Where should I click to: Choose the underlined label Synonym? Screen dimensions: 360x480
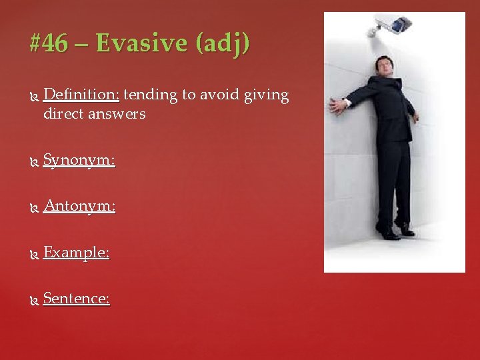click(79, 161)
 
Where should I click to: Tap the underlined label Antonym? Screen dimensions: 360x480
click(79, 207)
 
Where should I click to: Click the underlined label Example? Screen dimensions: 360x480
click(76, 253)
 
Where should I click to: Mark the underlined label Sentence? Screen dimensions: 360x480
click(77, 299)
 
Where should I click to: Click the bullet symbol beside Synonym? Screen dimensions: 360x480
click(34, 161)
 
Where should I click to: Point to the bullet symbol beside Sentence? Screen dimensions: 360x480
click(34, 299)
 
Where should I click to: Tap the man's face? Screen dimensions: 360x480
click(383, 67)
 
